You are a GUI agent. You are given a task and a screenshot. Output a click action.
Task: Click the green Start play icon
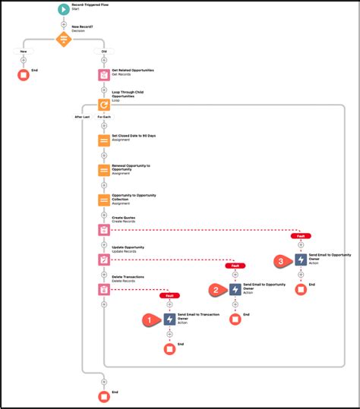[64, 10]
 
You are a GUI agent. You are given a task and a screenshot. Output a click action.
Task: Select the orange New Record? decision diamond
[64, 40]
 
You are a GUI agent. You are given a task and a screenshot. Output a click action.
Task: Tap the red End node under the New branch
[24, 75]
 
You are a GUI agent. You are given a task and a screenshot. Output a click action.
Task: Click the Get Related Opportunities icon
[104, 75]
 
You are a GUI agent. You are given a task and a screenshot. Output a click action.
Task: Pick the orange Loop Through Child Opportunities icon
[104, 105]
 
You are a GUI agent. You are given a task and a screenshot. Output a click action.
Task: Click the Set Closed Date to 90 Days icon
[104, 140]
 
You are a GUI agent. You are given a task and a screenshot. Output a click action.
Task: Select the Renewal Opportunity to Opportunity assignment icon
[104, 170]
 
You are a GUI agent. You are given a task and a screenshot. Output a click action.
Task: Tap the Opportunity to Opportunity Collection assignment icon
[104, 200]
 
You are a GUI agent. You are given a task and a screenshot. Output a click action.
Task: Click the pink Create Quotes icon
[104, 229]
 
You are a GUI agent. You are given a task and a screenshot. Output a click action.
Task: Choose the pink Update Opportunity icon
[104, 260]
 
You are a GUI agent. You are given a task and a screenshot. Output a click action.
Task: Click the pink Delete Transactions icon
[104, 289]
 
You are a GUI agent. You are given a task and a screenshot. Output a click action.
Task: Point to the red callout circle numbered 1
[150, 319]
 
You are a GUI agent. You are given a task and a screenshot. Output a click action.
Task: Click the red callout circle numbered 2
[216, 289]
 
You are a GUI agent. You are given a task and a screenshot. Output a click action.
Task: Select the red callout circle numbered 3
[283, 260]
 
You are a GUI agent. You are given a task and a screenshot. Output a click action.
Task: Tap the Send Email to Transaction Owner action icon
[169, 319]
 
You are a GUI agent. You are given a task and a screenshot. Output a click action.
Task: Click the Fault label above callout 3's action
[301, 236]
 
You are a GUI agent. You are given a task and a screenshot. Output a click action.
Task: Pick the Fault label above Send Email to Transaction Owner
[169, 296]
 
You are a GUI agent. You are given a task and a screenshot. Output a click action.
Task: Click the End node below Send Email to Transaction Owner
[169, 349]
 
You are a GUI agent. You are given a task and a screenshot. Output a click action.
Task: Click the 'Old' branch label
[104, 52]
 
